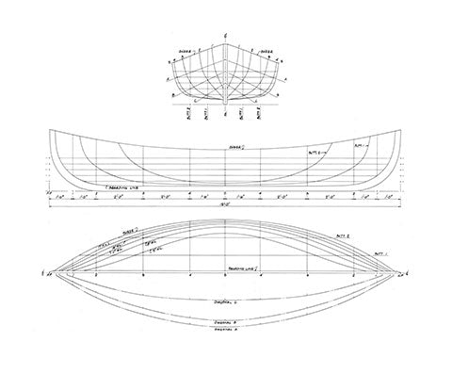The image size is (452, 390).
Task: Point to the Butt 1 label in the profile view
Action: tap(359, 146)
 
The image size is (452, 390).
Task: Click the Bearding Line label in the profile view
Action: tap(88, 188)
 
